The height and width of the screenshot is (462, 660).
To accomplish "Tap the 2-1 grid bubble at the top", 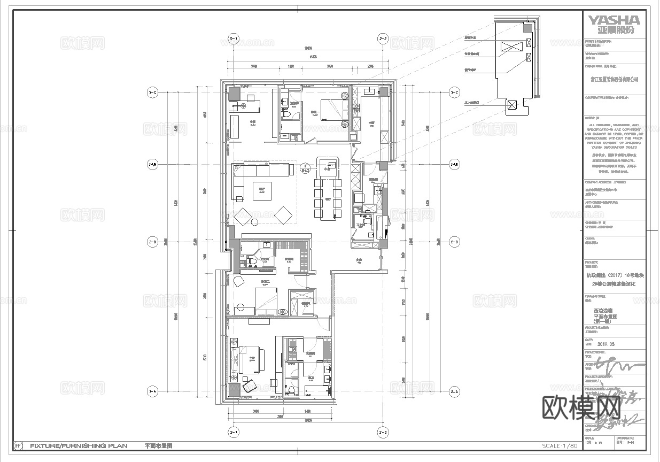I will click(x=234, y=39).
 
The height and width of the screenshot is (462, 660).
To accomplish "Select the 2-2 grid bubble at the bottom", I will click(x=383, y=432).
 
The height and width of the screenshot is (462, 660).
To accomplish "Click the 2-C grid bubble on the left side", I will click(x=152, y=93).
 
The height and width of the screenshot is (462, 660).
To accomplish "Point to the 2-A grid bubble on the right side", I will click(x=454, y=392).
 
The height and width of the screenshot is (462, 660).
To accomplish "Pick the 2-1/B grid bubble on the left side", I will click(x=152, y=164).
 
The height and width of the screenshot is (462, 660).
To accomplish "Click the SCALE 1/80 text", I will click(x=560, y=445).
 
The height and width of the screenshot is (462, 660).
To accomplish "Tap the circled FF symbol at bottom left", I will click(x=18, y=445).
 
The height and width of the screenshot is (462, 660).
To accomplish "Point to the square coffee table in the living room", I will click(x=262, y=191).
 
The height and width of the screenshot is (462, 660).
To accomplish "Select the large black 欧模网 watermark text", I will click(x=581, y=409).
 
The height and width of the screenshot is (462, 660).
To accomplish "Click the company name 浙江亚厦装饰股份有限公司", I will click(x=614, y=79).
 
